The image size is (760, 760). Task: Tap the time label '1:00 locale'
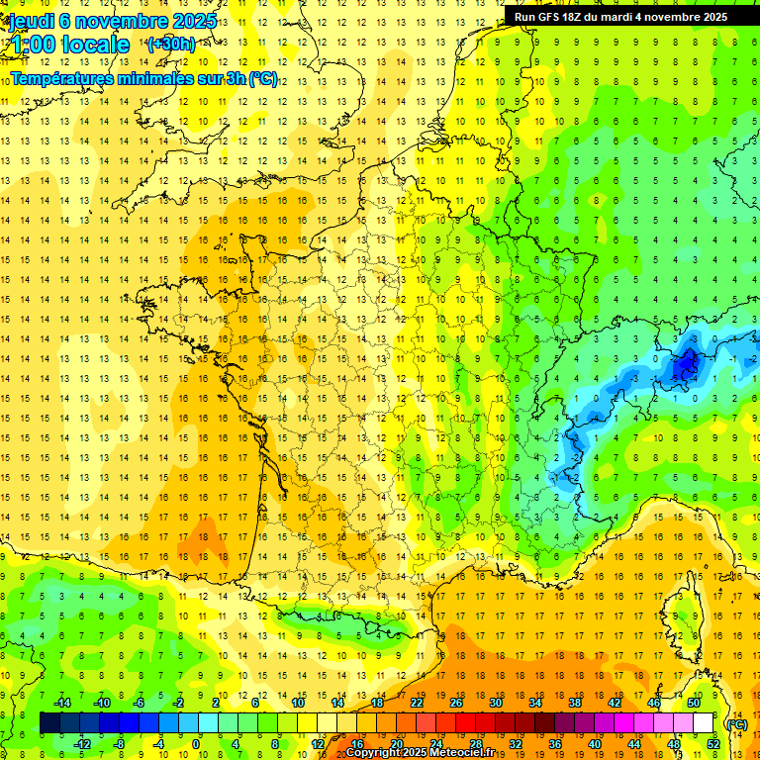point(69,45)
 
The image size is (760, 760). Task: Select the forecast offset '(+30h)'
point(171,45)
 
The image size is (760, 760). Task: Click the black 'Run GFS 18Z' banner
point(620,16)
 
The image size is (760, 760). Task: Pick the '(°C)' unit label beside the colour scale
point(735,724)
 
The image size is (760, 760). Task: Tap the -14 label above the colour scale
point(61,703)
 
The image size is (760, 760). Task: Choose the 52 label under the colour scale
point(713,743)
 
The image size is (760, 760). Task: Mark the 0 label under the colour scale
point(196,743)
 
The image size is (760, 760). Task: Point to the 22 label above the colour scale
point(417,703)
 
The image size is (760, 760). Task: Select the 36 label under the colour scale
point(555,743)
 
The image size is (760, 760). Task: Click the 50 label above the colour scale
point(694,703)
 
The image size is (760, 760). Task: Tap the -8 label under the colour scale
point(120,743)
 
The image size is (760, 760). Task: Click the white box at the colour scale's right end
point(704,723)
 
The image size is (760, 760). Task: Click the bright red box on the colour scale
point(466,723)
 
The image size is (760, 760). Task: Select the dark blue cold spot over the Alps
point(684,367)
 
